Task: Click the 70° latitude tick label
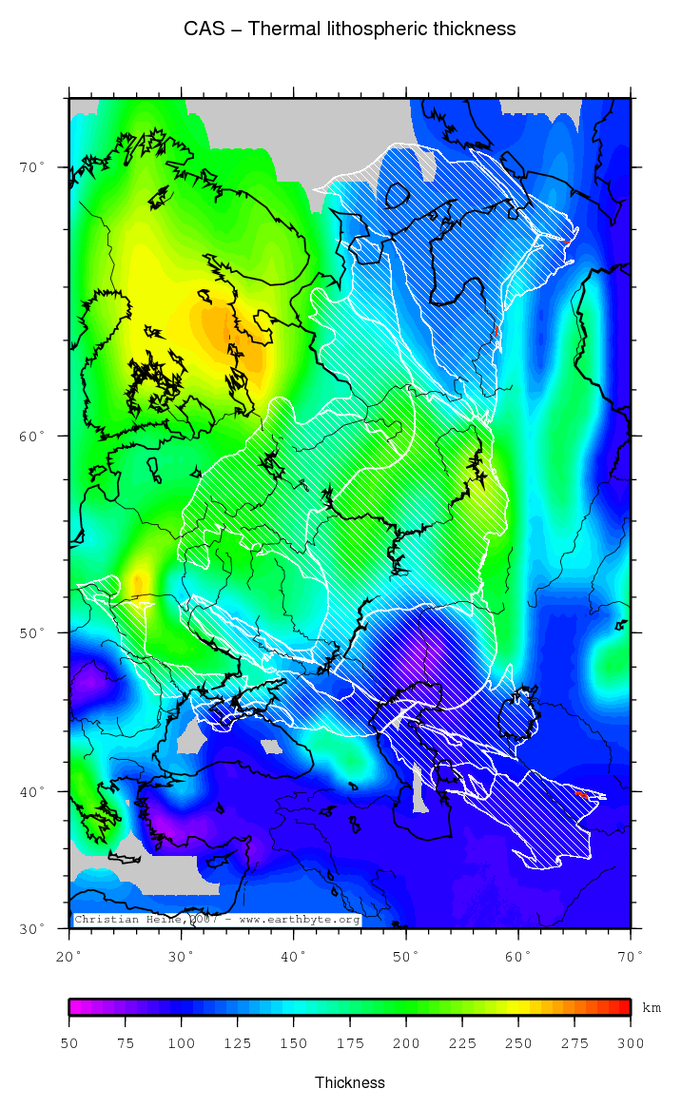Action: coord(33,167)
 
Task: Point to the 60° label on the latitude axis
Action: coord(33,436)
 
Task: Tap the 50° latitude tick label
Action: coord(33,632)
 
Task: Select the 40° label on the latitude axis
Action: coord(33,791)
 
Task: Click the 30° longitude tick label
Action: coord(181,954)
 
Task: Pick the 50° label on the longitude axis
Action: coord(406,954)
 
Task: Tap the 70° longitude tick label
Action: coord(631,954)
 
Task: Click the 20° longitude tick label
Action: coord(69,954)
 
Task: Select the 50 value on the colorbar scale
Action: coord(69,1043)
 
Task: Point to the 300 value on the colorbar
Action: coord(631,1043)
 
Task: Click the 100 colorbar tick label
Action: coord(182,1043)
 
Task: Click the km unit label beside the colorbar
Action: coord(652,1007)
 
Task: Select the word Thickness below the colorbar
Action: coord(350,1082)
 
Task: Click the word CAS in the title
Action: coord(204,29)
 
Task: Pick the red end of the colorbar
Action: coord(620,1007)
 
